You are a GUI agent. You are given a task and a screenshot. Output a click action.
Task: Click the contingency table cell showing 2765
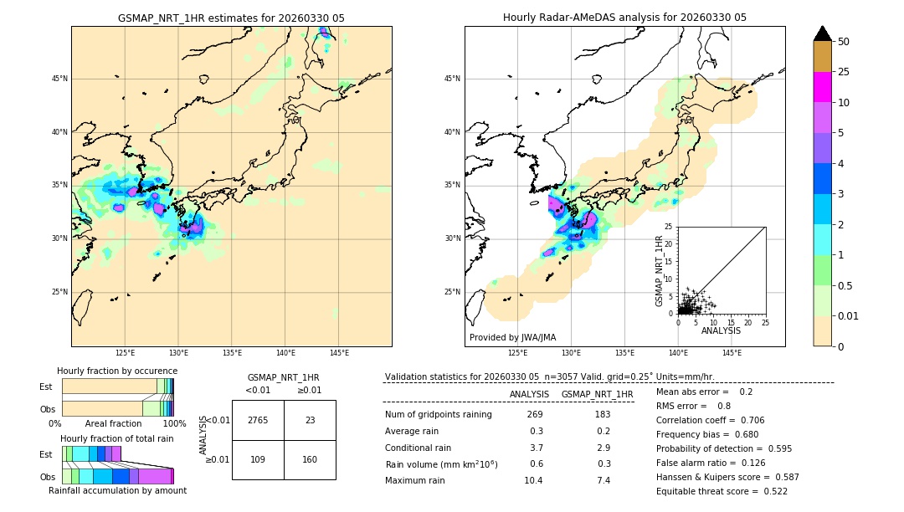click(258, 421)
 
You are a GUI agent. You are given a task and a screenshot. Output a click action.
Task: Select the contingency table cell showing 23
click(310, 421)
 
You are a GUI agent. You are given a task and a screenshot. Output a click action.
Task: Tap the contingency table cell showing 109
click(258, 460)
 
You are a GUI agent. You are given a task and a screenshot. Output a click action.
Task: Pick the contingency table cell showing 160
click(310, 460)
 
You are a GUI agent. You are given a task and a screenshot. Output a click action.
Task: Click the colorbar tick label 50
click(844, 42)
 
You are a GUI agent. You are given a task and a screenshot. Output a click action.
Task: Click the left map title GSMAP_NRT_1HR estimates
click(231, 18)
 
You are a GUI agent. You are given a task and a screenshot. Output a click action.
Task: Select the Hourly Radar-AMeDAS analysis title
click(624, 18)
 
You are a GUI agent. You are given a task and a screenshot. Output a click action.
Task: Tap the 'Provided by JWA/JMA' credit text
click(512, 337)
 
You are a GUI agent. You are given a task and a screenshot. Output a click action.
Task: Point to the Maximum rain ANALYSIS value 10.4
click(532, 480)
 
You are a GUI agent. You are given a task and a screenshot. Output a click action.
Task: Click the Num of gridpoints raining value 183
click(602, 414)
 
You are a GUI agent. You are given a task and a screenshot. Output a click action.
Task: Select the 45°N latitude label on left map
click(59, 79)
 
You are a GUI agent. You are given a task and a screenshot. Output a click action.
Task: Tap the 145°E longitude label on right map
click(732, 353)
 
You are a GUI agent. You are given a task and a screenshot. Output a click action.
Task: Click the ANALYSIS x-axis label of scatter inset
click(721, 330)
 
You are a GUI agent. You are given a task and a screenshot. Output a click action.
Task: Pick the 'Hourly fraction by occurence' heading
click(117, 371)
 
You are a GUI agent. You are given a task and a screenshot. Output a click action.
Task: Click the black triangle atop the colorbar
click(823, 33)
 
